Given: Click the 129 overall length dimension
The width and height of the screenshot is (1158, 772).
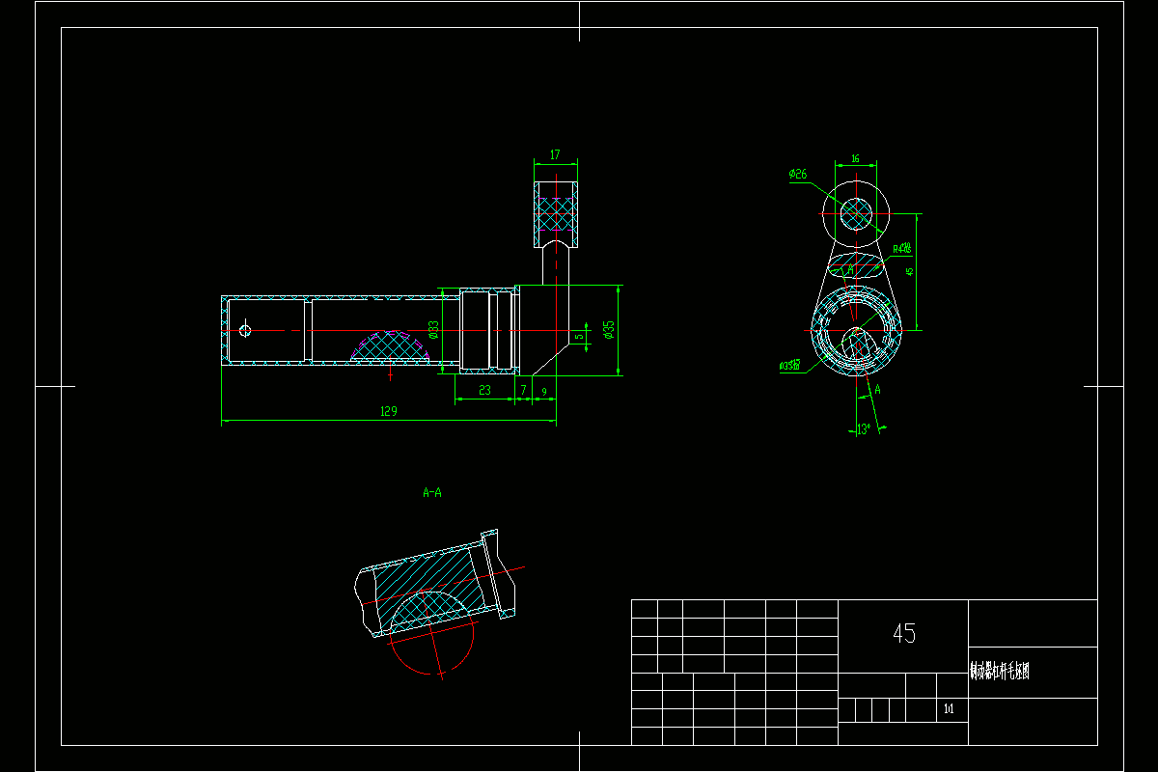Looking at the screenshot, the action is (389, 411).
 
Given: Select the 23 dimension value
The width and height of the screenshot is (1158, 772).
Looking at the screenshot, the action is (483, 390).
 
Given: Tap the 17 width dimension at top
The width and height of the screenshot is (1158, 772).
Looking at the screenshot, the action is (555, 154).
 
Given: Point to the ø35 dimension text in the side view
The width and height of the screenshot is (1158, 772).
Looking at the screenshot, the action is (609, 331).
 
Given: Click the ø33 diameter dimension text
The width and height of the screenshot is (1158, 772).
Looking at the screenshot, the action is (434, 331).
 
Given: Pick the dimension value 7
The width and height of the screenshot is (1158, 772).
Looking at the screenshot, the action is (523, 390).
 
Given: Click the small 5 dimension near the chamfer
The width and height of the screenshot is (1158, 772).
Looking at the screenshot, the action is (579, 337).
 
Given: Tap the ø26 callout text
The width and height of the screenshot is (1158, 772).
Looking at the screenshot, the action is (797, 175).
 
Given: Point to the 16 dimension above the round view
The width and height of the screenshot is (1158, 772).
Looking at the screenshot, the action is (855, 158).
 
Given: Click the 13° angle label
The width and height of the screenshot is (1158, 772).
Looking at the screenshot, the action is (864, 429).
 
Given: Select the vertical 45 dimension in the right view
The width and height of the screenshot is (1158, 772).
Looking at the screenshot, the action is (909, 271).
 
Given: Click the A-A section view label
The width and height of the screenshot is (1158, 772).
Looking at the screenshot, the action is (432, 492).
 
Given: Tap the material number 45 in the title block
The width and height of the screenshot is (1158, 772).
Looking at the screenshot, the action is (904, 634).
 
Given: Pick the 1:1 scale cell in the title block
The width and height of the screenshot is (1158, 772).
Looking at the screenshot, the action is (950, 709).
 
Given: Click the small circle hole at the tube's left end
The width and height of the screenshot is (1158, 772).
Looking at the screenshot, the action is (245, 330).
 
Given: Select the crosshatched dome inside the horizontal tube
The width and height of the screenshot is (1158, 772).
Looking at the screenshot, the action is (390, 345).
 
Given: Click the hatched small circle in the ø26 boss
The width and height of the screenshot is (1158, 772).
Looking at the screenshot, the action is (855, 212).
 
